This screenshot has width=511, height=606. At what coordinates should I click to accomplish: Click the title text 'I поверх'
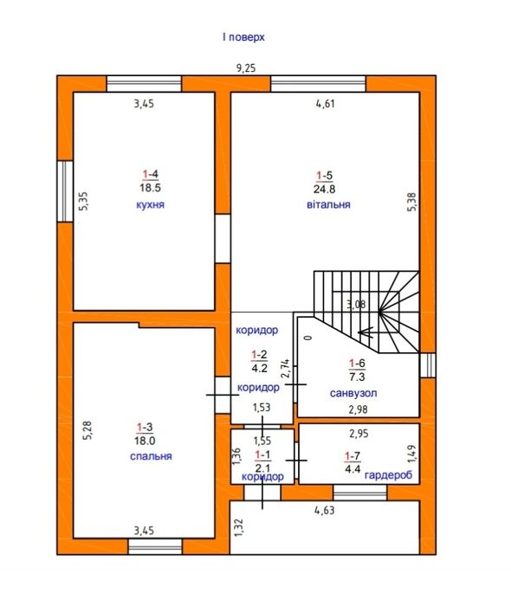click(243, 37)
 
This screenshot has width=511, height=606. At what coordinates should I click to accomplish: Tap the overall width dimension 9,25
click(246, 68)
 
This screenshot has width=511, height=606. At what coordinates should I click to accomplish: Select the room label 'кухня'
click(151, 204)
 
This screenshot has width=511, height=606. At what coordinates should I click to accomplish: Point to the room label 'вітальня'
click(328, 204)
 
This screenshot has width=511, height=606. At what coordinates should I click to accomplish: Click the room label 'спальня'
click(151, 456)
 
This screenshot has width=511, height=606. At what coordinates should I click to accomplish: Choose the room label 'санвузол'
click(353, 393)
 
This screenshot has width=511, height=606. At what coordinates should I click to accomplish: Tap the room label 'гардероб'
click(389, 475)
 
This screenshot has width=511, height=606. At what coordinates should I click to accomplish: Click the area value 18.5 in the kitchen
click(151, 188)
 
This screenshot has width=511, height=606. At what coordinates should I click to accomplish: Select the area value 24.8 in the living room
click(324, 189)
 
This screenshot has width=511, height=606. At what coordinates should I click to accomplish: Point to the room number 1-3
click(145, 427)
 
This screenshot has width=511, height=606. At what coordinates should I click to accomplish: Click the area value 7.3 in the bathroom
click(357, 377)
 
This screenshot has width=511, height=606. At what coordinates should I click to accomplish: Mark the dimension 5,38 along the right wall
click(412, 202)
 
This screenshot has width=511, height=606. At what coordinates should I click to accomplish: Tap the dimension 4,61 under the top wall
click(325, 104)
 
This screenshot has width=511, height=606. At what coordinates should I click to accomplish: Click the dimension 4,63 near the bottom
click(324, 511)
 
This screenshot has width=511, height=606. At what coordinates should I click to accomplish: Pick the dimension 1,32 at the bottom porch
click(239, 528)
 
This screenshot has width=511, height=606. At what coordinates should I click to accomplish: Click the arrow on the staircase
click(365, 332)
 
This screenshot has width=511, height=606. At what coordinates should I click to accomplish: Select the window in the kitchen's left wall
click(65, 191)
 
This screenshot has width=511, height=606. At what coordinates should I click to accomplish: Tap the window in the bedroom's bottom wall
click(155, 546)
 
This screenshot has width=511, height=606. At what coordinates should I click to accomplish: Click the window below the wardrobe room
click(360, 493)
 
